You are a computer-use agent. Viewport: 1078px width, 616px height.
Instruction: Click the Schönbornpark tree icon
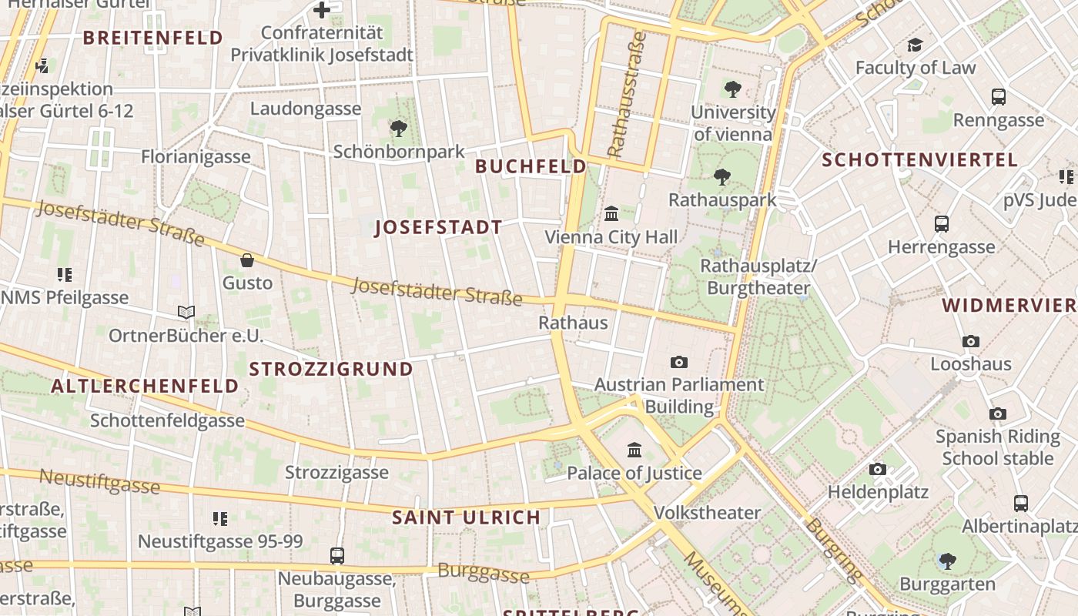click(x=398, y=129)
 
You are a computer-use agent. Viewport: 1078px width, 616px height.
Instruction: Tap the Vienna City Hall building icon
click(x=612, y=213)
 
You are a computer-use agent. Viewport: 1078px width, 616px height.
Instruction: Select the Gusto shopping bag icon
click(x=247, y=260)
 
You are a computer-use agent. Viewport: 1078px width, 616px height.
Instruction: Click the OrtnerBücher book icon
click(x=186, y=312)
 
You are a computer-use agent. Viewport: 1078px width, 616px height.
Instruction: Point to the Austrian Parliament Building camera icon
click(x=678, y=362)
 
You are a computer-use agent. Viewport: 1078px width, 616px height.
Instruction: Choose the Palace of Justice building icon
click(x=634, y=450)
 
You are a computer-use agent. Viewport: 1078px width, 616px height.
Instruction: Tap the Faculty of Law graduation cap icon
click(x=915, y=45)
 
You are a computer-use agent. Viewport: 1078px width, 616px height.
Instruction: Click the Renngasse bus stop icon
click(x=999, y=97)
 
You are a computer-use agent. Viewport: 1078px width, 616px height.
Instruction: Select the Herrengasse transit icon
click(x=941, y=224)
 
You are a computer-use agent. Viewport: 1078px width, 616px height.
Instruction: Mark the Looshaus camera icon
click(x=971, y=341)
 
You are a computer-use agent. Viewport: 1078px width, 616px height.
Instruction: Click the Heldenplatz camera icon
click(x=877, y=469)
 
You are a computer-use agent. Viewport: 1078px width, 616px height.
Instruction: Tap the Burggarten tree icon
click(x=947, y=561)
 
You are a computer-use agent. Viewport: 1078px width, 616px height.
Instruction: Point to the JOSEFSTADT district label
click(x=438, y=227)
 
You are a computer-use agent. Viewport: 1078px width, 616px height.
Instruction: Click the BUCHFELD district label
click(x=531, y=166)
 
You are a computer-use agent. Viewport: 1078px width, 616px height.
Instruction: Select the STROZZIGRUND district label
click(x=331, y=369)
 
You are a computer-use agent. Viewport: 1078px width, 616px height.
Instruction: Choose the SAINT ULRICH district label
click(x=466, y=517)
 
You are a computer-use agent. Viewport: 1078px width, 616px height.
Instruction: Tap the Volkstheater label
click(x=707, y=512)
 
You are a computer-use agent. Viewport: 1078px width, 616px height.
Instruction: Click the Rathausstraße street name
click(x=626, y=94)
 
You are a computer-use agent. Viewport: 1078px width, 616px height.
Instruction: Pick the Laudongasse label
click(x=305, y=109)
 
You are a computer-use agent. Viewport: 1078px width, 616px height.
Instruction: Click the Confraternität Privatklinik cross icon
click(x=322, y=10)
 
